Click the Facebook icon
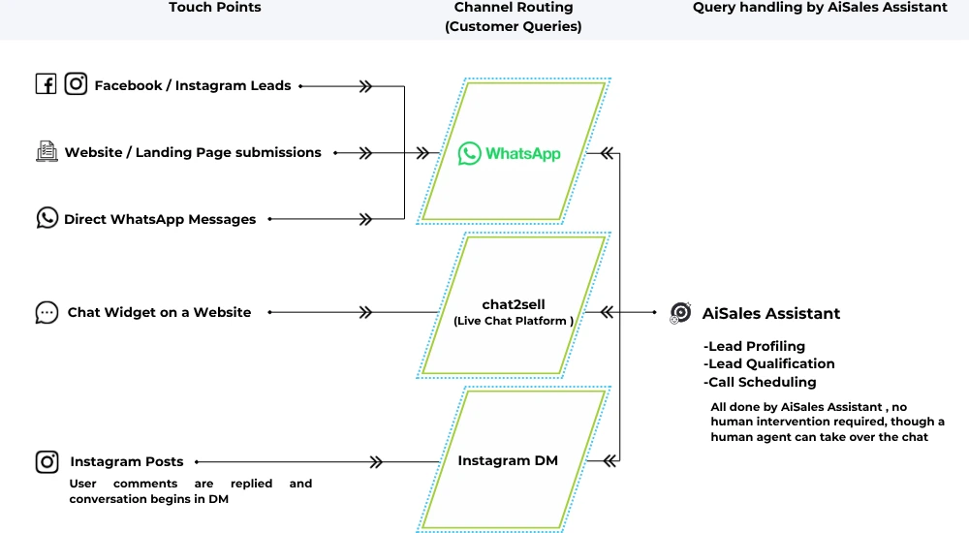click(46, 84)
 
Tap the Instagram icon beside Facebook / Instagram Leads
click(76, 84)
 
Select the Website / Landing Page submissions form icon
click(46, 151)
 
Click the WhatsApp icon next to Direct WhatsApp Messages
click(47, 218)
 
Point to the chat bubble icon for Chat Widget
click(47, 312)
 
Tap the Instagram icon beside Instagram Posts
click(47, 461)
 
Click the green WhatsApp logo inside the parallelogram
click(470, 153)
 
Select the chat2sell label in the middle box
click(514, 304)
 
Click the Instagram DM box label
click(508, 460)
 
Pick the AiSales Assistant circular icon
click(680, 312)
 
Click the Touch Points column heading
click(214, 8)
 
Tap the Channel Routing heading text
click(514, 8)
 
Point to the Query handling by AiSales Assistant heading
click(820, 8)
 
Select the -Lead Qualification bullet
click(769, 363)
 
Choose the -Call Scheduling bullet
click(761, 382)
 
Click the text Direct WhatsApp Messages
click(160, 219)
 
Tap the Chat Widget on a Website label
click(159, 312)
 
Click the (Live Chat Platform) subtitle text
click(514, 321)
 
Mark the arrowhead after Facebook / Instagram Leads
click(365, 85)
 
